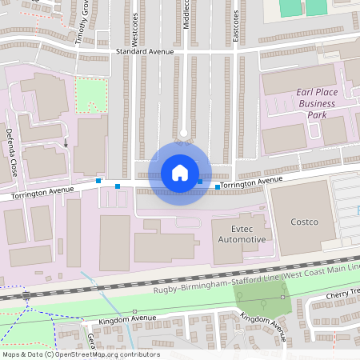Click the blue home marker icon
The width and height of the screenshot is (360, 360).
pos(180,172)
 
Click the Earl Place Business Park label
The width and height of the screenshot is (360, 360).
pos(311,103)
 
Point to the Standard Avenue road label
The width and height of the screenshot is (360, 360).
pos(145,51)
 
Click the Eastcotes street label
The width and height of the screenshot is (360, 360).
pos(236,24)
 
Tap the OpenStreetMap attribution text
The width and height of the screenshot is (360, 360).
pos(80,354)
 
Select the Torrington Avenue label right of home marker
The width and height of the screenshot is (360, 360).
pos(251,183)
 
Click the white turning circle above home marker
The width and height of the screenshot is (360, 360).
pos(183,133)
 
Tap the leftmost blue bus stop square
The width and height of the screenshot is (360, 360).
pos(98,182)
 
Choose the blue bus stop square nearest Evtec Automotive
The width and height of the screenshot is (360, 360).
pos(218,187)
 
